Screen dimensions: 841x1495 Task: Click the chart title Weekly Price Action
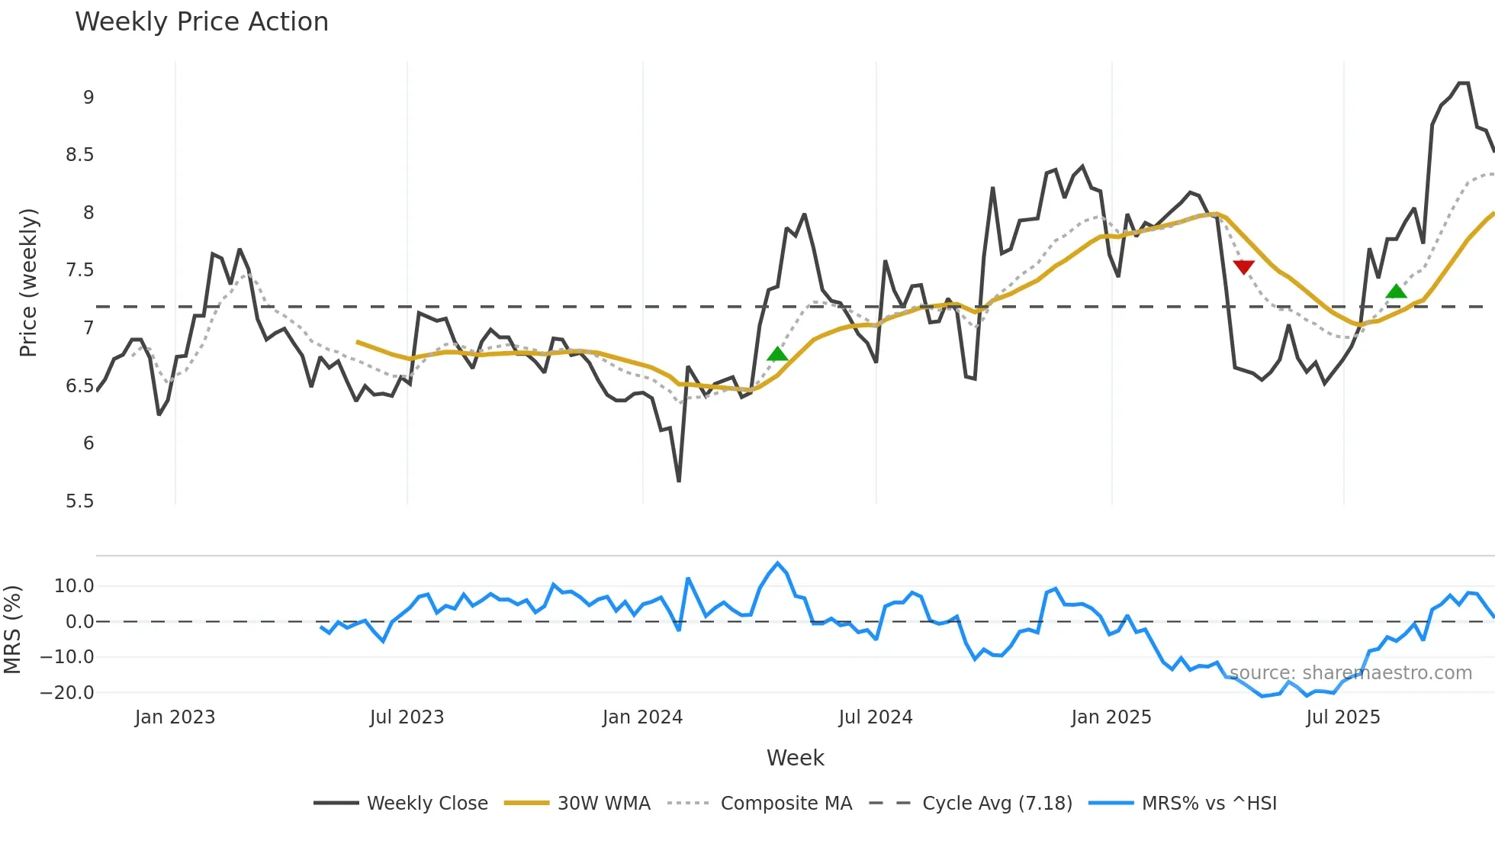(201, 22)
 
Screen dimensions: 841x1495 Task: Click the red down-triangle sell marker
(1243, 267)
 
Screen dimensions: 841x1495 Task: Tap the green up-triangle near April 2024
(777, 353)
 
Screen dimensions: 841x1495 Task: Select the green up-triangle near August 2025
(1396, 291)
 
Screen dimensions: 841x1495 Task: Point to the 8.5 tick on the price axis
(79, 155)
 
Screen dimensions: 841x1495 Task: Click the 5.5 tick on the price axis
(79, 501)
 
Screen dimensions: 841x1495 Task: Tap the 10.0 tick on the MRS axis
(74, 586)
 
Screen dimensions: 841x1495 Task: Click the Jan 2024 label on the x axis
(642, 717)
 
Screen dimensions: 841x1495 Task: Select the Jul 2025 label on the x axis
(1343, 717)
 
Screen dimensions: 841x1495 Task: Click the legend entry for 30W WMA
(603, 804)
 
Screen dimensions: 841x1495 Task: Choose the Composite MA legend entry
(786, 804)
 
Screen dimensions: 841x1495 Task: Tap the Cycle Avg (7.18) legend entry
(997, 804)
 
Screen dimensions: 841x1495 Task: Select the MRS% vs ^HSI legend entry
(1209, 804)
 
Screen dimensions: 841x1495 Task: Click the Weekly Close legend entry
(427, 804)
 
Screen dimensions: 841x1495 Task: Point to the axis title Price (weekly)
(28, 282)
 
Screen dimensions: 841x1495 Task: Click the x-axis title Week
(795, 758)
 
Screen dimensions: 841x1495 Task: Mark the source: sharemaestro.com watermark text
(1350, 673)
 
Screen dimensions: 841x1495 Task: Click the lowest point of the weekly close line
(679, 481)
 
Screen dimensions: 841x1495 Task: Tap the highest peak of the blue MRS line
(777, 563)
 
